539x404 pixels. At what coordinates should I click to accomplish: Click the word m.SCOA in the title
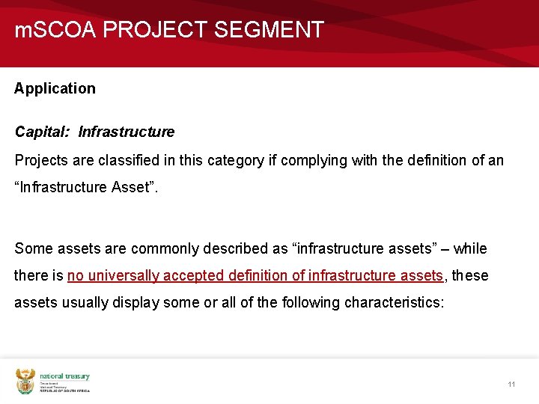56,30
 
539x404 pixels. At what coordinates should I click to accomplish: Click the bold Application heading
55,88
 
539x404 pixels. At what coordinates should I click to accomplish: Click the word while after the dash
470,248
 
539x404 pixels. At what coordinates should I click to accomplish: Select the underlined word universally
123,276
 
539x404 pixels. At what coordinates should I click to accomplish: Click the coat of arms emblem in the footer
25,382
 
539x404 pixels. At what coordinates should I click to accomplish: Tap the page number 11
511,385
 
